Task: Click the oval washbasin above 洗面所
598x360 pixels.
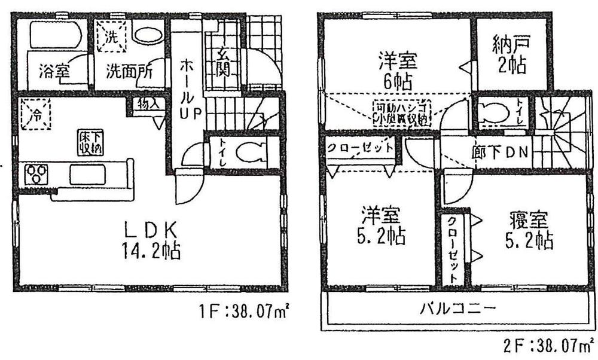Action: [x=147, y=34]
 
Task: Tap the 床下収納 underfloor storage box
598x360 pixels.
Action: [x=91, y=142]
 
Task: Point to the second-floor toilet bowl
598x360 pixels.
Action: [x=495, y=113]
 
